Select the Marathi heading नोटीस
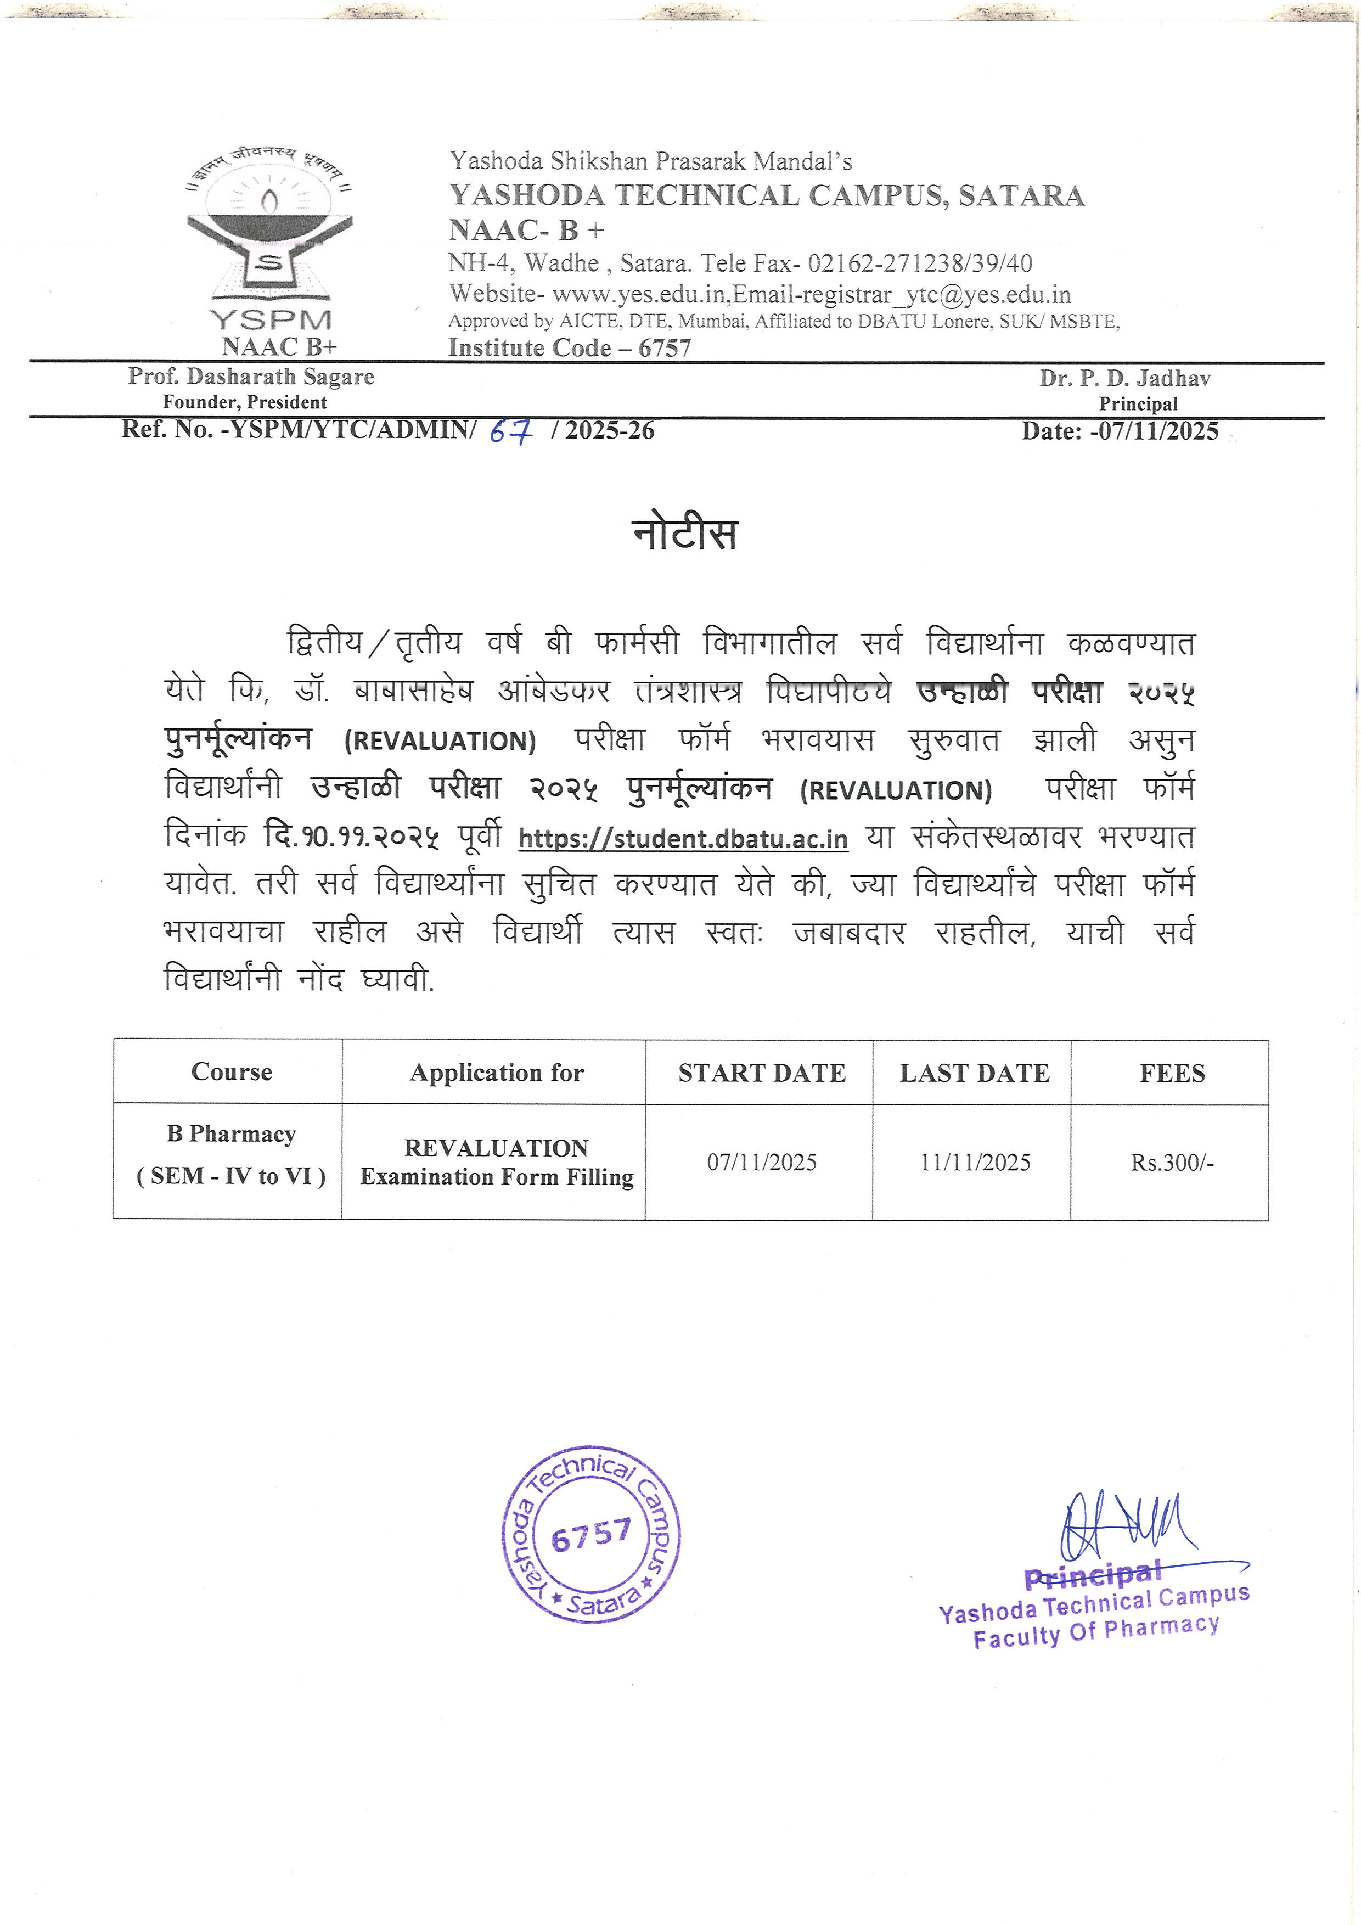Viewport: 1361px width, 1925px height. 685,534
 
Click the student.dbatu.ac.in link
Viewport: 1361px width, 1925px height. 683,838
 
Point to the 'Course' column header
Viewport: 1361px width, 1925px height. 231,1073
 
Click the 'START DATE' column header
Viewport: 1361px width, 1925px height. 762,1073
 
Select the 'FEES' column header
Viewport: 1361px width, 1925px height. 1172,1073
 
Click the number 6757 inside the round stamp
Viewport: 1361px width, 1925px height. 591,1535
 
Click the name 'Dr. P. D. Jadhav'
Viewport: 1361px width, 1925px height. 1124,379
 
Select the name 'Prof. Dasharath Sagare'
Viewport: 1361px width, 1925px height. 251,377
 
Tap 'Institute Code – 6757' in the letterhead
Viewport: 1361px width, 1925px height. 570,348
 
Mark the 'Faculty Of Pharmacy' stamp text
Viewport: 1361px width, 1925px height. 1096,1633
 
